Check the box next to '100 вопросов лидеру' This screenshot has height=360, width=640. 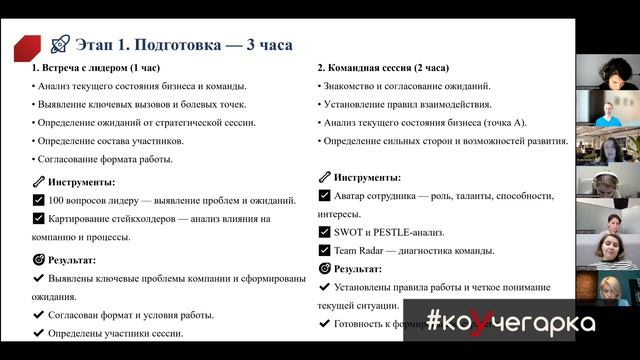[x=38, y=200]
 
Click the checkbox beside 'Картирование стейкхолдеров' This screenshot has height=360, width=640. [x=38, y=218]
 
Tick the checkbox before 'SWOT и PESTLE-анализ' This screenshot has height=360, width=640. [x=324, y=232]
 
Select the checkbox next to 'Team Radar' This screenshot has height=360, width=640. [x=324, y=250]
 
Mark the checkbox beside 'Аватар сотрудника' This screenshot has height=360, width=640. [x=324, y=195]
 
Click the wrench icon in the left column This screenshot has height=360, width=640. [x=38, y=182]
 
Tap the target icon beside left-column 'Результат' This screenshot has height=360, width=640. [x=38, y=259]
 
